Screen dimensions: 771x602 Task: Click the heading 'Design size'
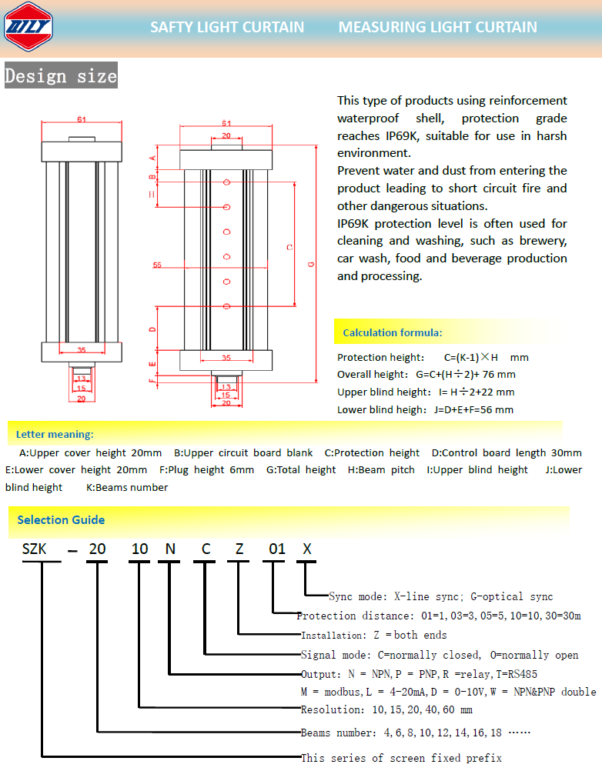61,76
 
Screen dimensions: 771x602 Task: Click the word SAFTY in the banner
172,27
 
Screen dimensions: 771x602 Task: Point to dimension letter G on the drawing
310,264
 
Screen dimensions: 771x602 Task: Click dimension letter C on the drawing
289,247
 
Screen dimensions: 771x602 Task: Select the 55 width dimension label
157,265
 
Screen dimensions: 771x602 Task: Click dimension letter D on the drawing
152,329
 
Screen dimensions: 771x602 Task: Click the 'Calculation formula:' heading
392,333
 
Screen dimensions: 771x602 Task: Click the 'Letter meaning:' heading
54,434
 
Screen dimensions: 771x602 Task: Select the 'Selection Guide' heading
61,520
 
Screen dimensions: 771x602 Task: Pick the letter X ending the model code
307,549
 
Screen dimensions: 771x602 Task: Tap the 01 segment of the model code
276,549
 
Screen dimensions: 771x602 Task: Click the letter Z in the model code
239,549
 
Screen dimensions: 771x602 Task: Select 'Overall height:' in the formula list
373,375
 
